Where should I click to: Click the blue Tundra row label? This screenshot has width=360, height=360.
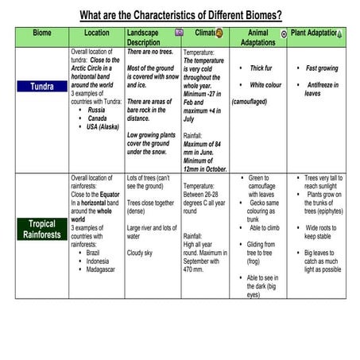click(x=41, y=86)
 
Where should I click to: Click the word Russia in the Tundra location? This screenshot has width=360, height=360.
click(x=98, y=110)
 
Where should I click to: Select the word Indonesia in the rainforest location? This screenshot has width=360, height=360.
click(x=99, y=261)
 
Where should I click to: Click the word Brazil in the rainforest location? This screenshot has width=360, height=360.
click(x=95, y=252)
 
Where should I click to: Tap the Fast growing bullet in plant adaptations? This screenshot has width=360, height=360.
click(x=322, y=68)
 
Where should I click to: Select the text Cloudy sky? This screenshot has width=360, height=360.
click(x=145, y=253)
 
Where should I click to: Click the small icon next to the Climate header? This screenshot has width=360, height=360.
click(x=219, y=33)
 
